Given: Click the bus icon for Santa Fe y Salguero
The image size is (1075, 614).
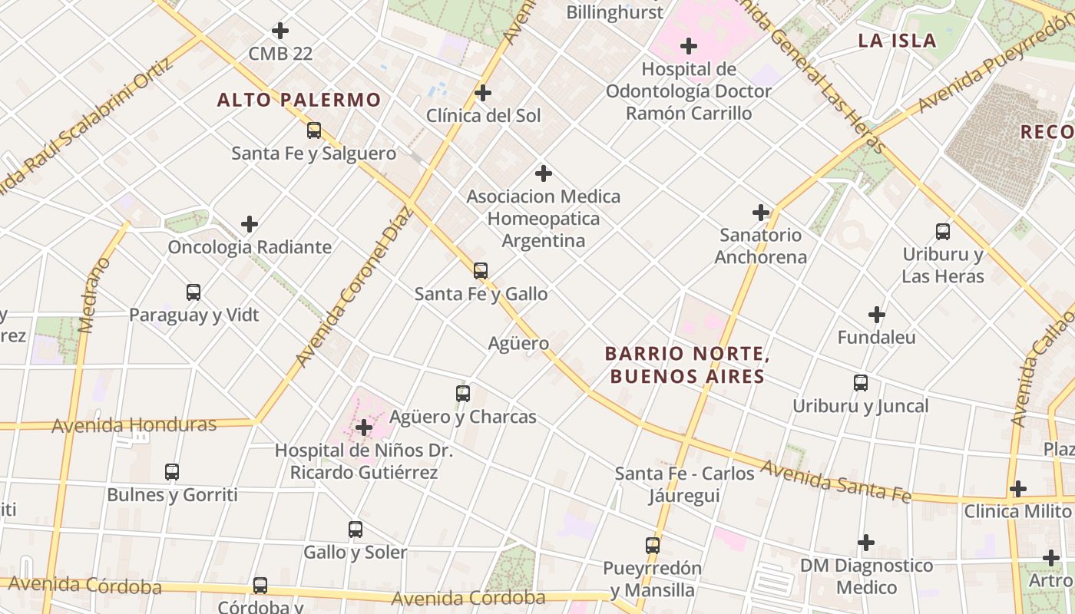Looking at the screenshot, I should click(x=314, y=130).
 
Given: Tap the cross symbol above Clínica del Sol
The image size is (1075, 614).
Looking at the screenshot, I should click(x=483, y=93).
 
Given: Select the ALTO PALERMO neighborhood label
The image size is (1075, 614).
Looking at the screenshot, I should click(x=299, y=100).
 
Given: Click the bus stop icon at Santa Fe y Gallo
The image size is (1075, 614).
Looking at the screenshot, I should click(x=481, y=271).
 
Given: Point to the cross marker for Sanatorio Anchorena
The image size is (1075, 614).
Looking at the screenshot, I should click(x=761, y=213).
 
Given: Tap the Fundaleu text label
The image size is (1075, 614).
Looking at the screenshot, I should click(x=876, y=337).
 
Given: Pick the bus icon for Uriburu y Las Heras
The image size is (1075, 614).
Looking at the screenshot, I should click(x=943, y=232).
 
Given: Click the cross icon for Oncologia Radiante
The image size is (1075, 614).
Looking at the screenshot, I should click(x=250, y=224).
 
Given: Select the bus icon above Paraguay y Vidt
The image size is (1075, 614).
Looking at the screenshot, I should click(x=193, y=292).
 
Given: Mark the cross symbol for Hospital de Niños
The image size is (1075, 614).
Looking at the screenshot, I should click(x=364, y=427).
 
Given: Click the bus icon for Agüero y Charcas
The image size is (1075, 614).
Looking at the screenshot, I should click(x=463, y=394).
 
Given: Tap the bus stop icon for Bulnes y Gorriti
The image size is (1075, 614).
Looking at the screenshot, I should click(x=172, y=472).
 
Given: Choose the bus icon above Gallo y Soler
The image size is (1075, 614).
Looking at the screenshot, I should click(x=356, y=530).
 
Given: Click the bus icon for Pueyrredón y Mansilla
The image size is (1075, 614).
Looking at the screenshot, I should click(x=653, y=546).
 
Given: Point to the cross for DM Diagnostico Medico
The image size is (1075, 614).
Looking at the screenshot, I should click(x=866, y=543).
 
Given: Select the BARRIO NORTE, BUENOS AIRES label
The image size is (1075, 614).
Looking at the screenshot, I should click(x=686, y=365).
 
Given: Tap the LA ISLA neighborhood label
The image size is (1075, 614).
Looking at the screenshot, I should click(x=897, y=41).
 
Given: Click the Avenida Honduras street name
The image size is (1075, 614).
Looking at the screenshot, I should click(x=134, y=425).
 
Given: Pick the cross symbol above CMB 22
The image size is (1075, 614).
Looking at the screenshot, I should click(x=280, y=31).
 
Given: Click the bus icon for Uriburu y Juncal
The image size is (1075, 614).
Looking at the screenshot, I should click(x=861, y=383).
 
